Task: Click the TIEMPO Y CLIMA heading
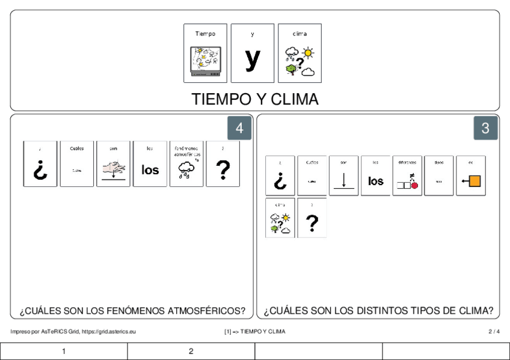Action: click(254, 99)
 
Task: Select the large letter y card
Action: click(253, 53)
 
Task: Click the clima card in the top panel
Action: click(300, 53)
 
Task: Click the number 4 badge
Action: click(239, 128)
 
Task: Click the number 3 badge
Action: click(485, 128)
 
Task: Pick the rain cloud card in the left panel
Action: click(186, 164)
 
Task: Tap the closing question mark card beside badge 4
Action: click(223, 164)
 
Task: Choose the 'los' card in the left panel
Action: click(150, 164)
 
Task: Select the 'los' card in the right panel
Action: click(375, 175)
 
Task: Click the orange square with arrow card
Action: click(470, 175)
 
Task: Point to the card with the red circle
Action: click(407, 175)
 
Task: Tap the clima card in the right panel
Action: click(280, 218)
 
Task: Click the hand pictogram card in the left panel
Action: click(113, 164)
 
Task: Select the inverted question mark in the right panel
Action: click(280, 175)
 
